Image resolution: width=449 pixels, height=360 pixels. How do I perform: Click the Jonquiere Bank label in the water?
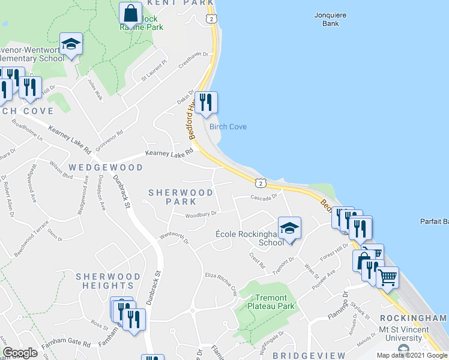(327, 19)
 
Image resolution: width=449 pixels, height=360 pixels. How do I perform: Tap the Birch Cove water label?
(228, 127)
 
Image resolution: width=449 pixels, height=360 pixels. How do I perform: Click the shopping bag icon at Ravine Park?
(130, 13)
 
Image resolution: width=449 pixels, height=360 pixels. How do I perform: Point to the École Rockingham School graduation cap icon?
(289, 228)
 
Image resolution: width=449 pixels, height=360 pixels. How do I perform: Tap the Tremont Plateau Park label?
(275, 302)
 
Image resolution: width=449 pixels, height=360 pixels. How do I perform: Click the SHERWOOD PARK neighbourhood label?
(181, 197)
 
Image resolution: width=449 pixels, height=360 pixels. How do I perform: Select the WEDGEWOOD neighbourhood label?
(105, 167)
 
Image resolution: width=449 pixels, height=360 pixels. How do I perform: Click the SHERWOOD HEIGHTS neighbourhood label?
(108, 281)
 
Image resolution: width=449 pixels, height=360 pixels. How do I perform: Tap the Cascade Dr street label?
(264, 197)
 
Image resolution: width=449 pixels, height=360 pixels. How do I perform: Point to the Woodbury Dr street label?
(200, 214)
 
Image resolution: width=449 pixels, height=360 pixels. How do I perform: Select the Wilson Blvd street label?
(62, 173)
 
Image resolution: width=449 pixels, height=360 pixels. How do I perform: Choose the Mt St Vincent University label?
(404, 334)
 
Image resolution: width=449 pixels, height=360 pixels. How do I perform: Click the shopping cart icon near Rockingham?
(388, 277)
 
